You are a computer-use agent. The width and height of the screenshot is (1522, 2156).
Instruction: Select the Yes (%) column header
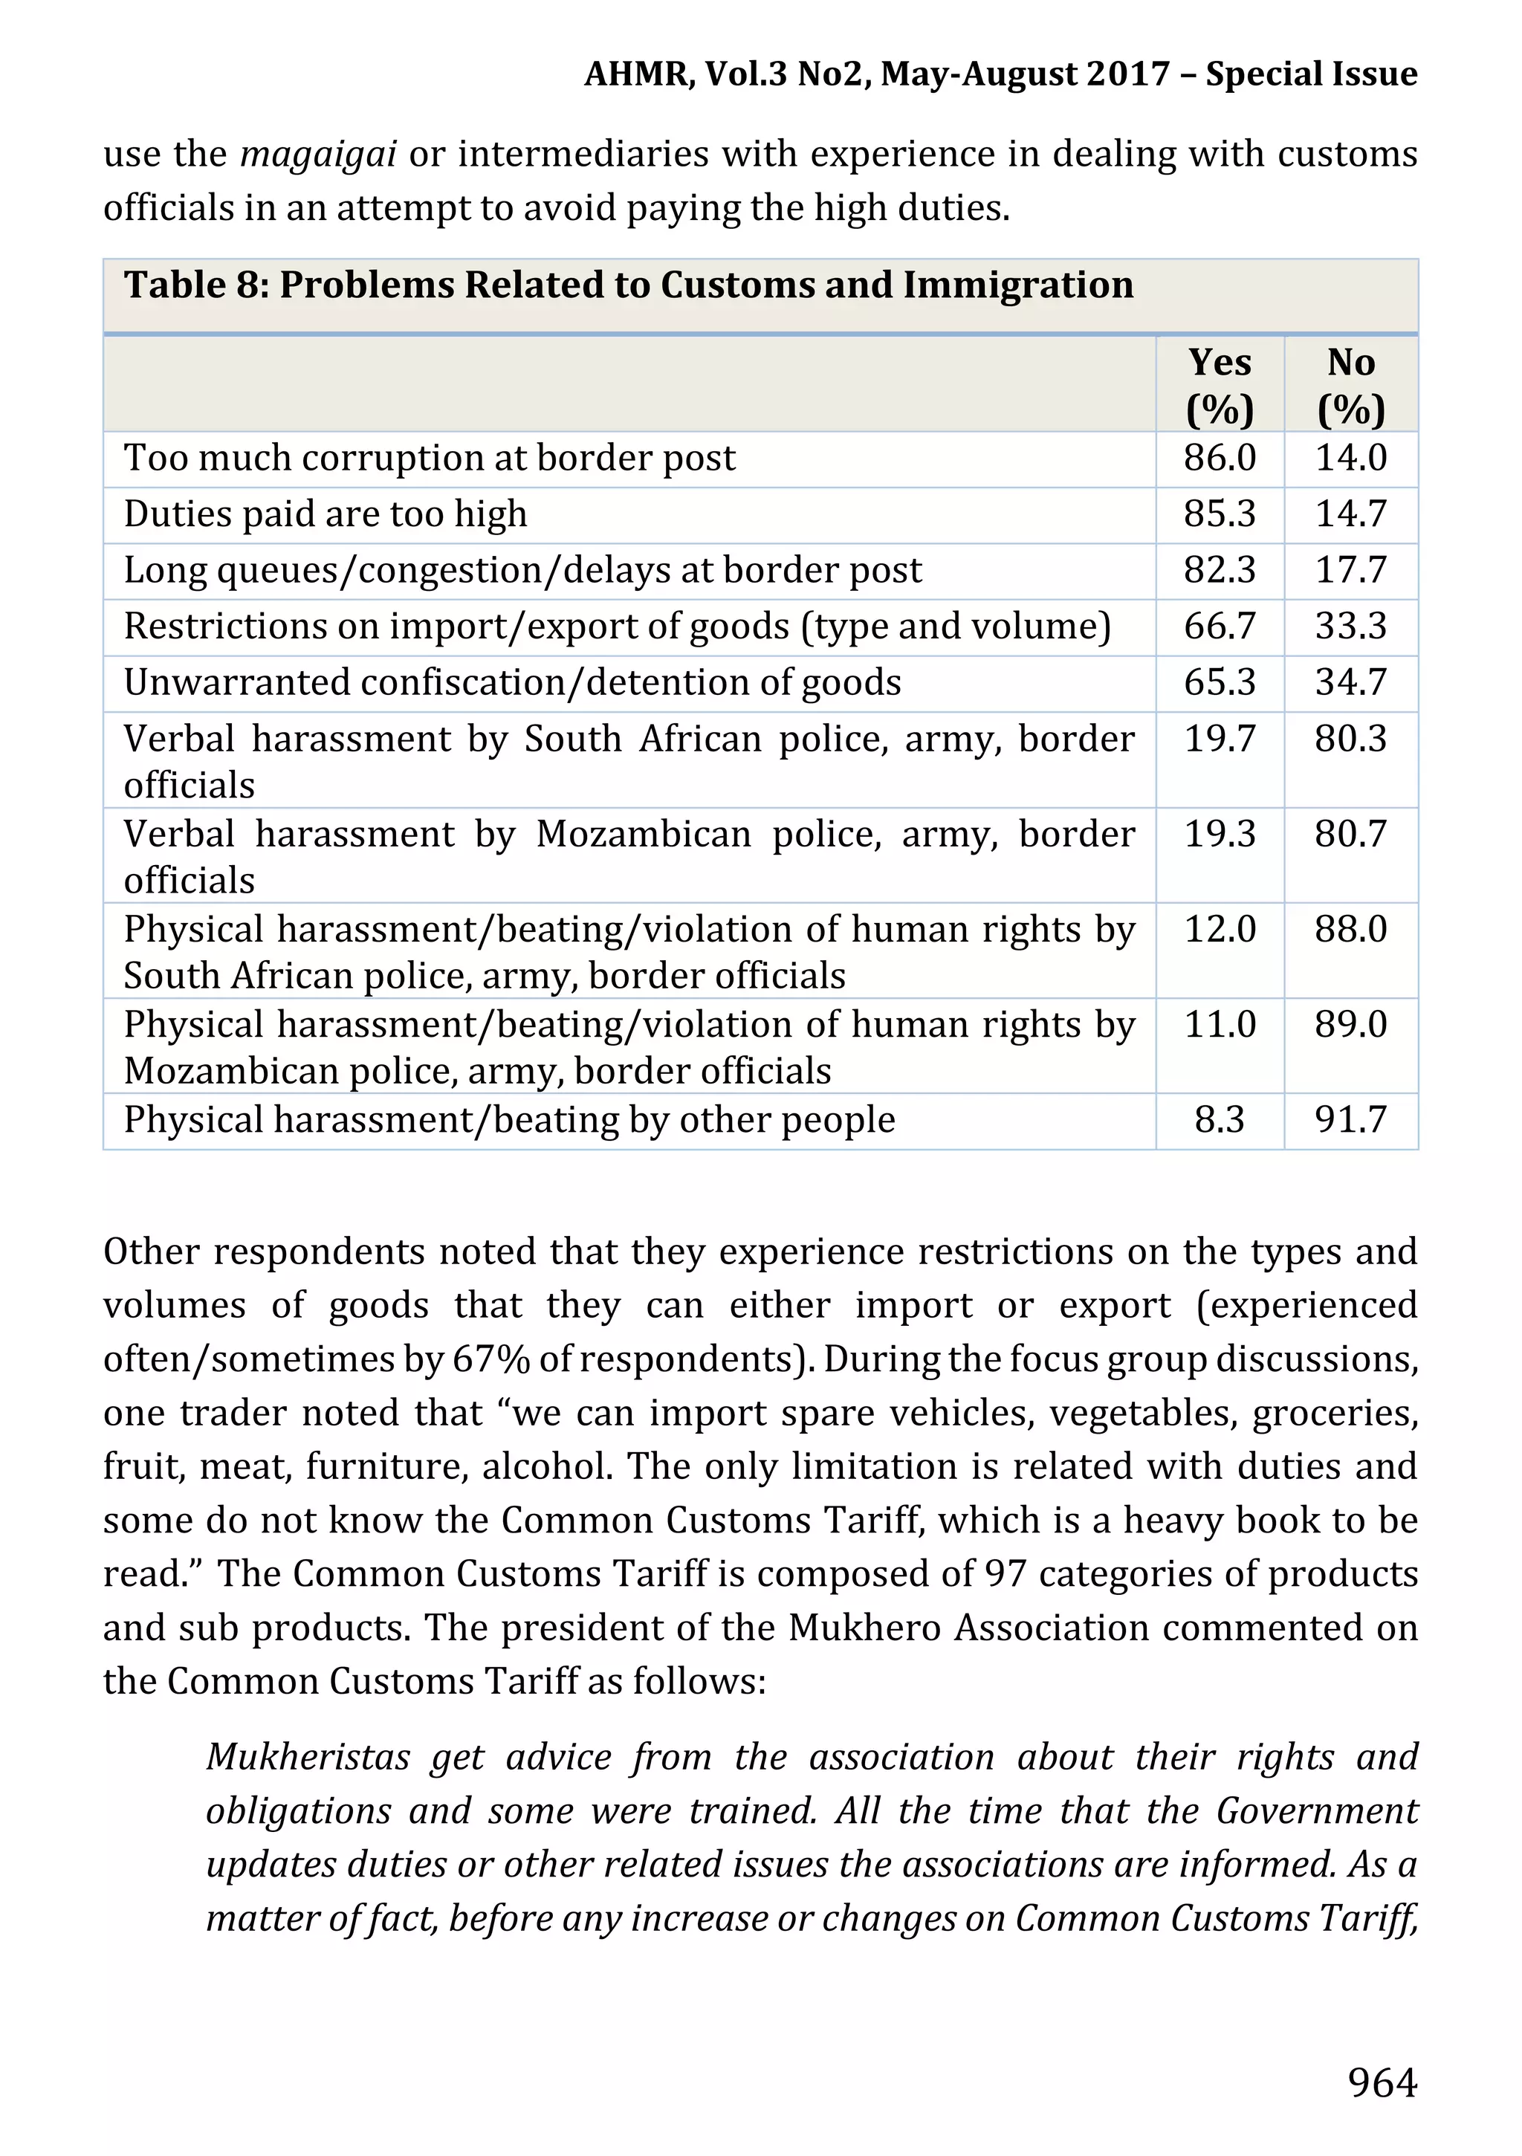click(x=1219, y=385)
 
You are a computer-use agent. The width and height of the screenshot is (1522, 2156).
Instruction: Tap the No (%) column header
click(x=1350, y=385)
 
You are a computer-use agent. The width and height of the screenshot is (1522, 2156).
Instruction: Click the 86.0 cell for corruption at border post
click(x=1219, y=459)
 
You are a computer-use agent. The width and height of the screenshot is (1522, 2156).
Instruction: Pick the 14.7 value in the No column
click(x=1350, y=514)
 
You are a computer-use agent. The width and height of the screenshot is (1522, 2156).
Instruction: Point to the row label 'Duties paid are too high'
click(x=325, y=514)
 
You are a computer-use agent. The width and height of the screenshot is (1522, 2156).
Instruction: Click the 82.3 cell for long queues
click(x=1219, y=570)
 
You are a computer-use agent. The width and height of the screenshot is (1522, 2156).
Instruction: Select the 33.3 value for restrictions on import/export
click(x=1350, y=627)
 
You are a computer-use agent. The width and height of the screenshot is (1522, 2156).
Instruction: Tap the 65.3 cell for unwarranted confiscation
click(x=1219, y=683)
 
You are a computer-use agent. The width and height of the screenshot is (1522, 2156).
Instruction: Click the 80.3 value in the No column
click(x=1350, y=739)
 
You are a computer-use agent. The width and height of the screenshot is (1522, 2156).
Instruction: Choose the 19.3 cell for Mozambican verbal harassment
click(x=1219, y=834)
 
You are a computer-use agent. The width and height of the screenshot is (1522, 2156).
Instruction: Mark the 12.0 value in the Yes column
click(x=1219, y=930)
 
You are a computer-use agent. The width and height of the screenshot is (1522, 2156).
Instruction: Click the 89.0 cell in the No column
click(x=1350, y=1024)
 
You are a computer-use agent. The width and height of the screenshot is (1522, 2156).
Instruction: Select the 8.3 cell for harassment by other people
click(x=1219, y=1120)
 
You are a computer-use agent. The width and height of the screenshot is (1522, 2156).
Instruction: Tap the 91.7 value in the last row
click(x=1350, y=1120)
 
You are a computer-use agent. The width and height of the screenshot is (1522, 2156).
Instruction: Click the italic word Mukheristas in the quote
click(x=308, y=1757)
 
